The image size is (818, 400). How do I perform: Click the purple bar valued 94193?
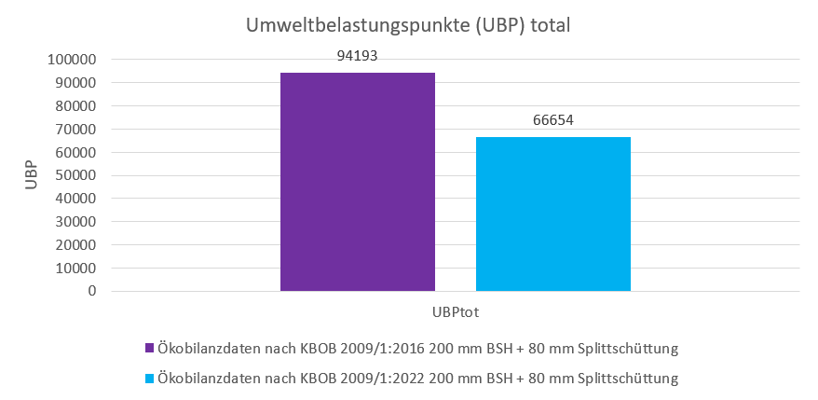click(x=357, y=182)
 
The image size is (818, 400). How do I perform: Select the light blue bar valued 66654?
click(x=553, y=214)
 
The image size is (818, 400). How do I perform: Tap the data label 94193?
click(x=357, y=58)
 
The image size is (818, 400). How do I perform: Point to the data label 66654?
click(x=553, y=121)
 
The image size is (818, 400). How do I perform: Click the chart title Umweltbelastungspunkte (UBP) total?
click(x=407, y=25)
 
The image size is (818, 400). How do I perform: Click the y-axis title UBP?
click(x=32, y=175)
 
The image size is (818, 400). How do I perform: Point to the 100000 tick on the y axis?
click(x=72, y=60)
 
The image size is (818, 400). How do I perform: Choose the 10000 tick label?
click(x=75, y=269)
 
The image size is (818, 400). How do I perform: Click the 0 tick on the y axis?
click(x=92, y=291)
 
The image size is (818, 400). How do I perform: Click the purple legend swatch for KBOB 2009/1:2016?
click(x=149, y=349)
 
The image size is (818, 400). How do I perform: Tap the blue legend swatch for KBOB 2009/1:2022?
click(x=149, y=379)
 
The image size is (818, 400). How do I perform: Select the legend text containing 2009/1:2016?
click(x=417, y=349)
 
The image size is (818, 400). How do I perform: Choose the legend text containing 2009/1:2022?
click(x=417, y=379)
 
